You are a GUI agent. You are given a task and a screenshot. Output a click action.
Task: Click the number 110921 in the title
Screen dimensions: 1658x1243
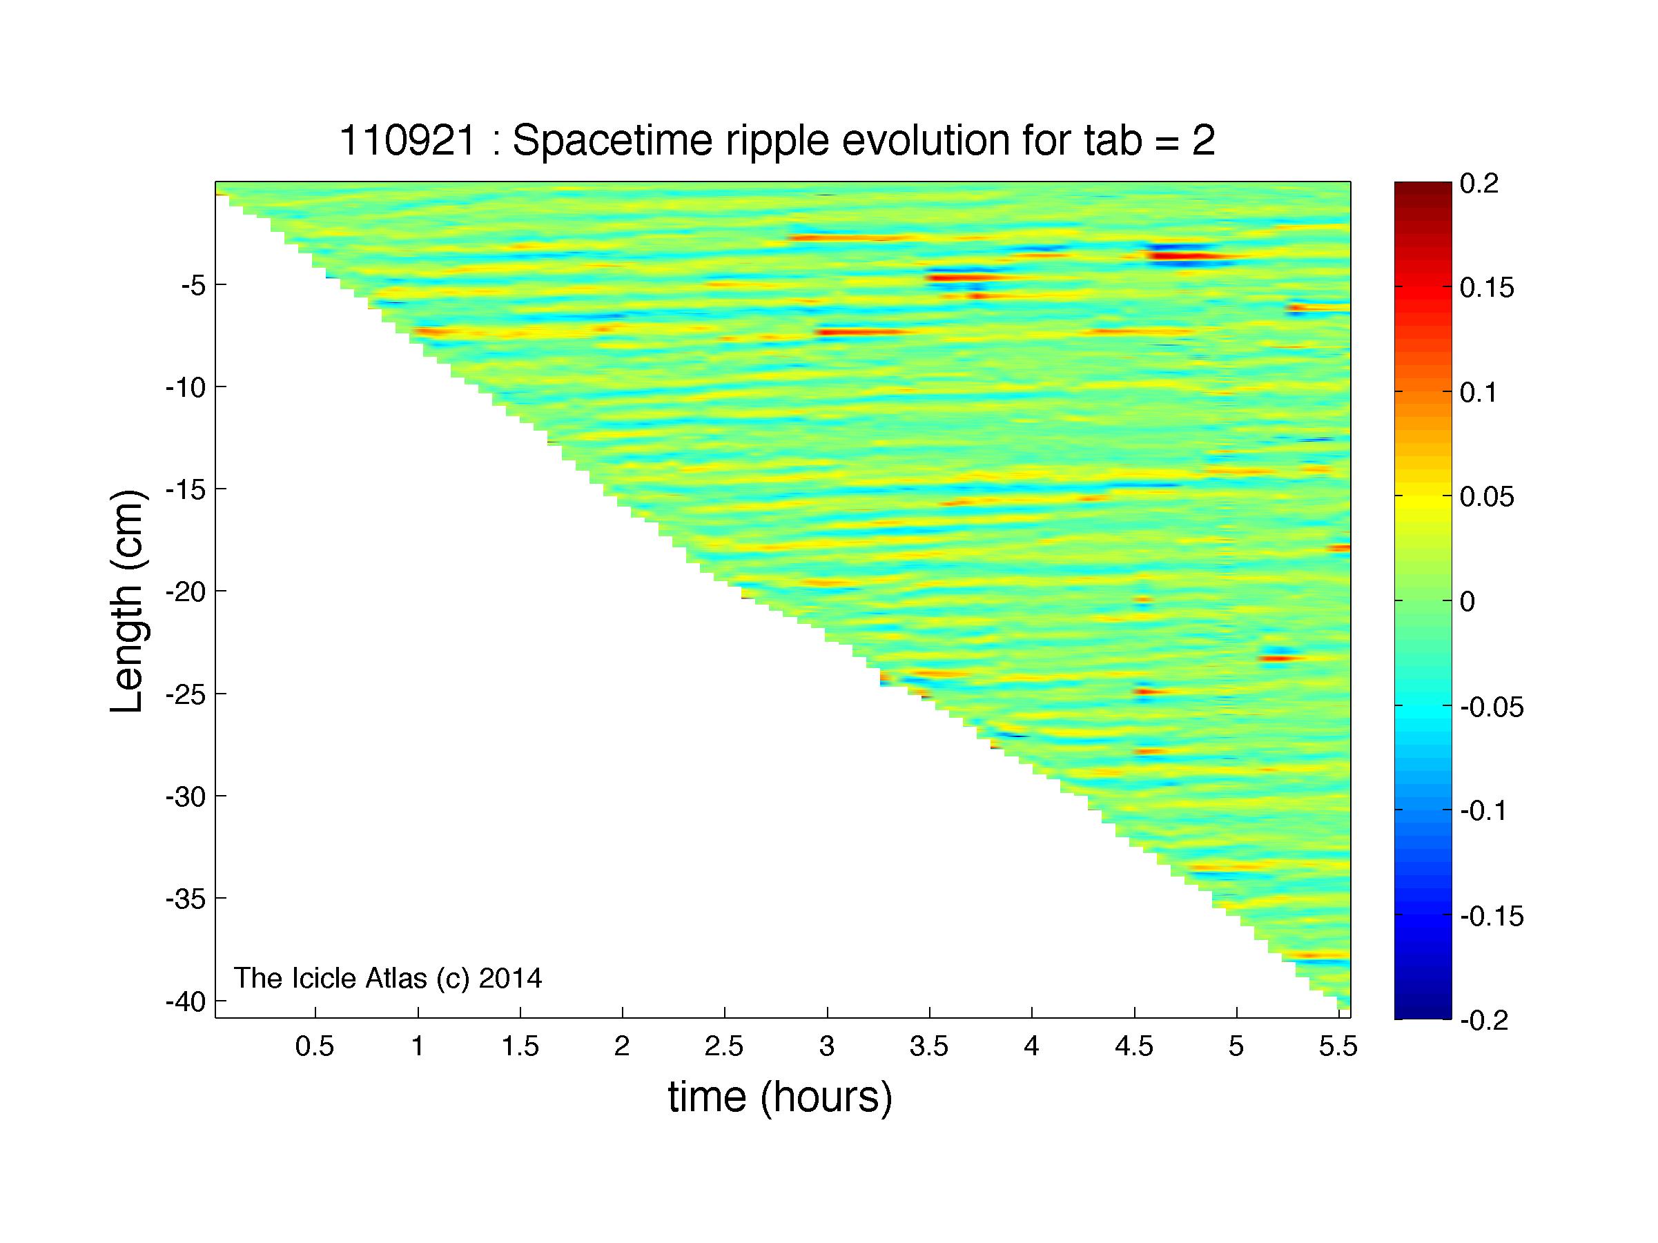(x=408, y=140)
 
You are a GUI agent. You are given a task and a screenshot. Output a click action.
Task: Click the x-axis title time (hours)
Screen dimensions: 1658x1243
(x=780, y=1097)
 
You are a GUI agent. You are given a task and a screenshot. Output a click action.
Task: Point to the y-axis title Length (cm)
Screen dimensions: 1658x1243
(x=126, y=602)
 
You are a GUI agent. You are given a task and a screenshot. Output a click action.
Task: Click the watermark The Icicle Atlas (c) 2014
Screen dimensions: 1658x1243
(x=387, y=978)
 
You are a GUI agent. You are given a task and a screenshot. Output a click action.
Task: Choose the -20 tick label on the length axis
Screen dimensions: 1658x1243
(x=186, y=592)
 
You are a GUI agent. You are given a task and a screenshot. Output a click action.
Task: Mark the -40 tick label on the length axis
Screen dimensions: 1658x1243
(x=186, y=1001)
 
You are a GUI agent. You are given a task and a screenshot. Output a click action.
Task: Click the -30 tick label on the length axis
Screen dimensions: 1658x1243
(x=186, y=796)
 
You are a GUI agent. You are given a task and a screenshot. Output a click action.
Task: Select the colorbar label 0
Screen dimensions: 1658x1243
(x=1467, y=602)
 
